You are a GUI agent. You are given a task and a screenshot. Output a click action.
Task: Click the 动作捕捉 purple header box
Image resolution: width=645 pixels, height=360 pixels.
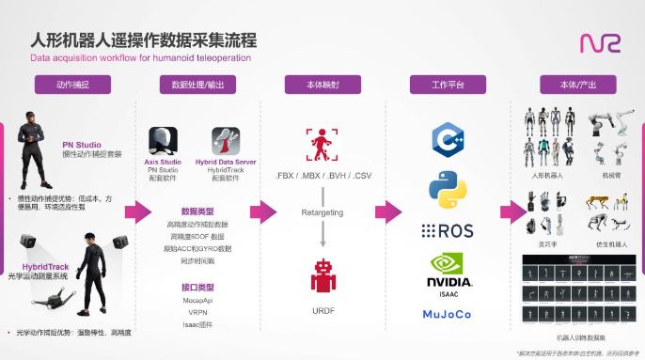[71, 84]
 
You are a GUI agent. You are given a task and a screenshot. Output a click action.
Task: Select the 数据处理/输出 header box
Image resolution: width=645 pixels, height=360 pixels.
[198, 84]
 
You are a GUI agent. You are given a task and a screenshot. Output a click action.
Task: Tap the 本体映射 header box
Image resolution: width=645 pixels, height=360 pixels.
[322, 84]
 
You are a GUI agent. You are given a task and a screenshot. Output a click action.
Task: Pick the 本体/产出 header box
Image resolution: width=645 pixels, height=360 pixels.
[573, 84]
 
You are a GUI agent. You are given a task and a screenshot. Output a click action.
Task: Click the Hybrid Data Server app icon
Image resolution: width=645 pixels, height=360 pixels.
[226, 143]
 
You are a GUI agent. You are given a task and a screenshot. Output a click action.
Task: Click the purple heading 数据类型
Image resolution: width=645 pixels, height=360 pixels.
[197, 211]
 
